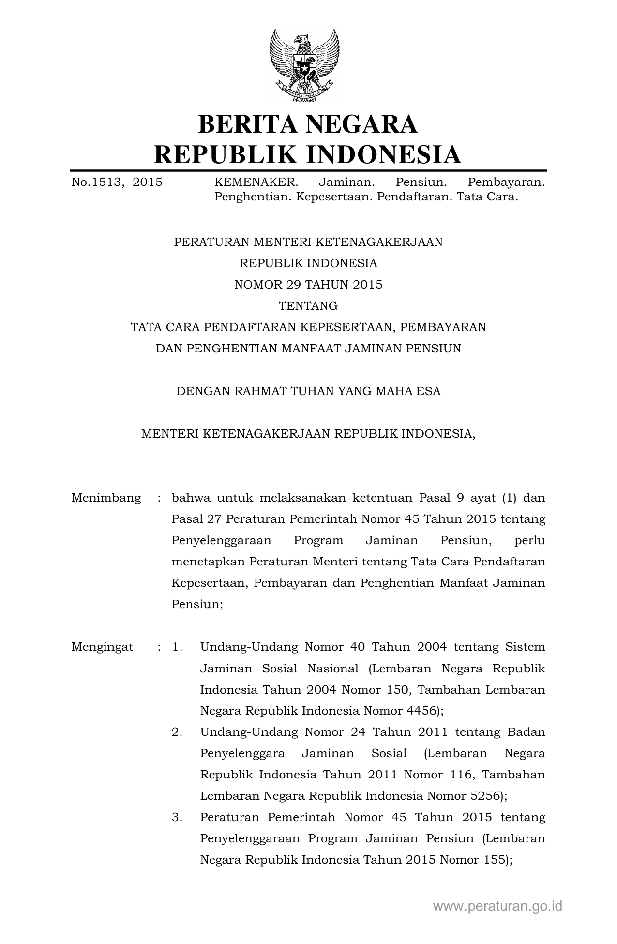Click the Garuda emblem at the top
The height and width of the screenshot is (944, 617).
point(304,65)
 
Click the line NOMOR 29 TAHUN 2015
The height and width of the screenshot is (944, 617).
point(308,285)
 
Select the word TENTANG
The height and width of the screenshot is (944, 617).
point(308,306)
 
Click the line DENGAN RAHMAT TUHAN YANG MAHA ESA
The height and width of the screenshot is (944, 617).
point(308,391)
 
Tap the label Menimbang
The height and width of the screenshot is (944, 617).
point(106,498)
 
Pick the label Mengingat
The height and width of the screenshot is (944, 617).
point(103,647)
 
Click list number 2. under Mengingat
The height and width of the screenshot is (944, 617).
point(177,732)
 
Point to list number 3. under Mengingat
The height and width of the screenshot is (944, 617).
point(177,817)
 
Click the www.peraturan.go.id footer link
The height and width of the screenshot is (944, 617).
point(498,906)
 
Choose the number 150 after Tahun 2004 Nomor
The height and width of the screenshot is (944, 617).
point(397,689)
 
